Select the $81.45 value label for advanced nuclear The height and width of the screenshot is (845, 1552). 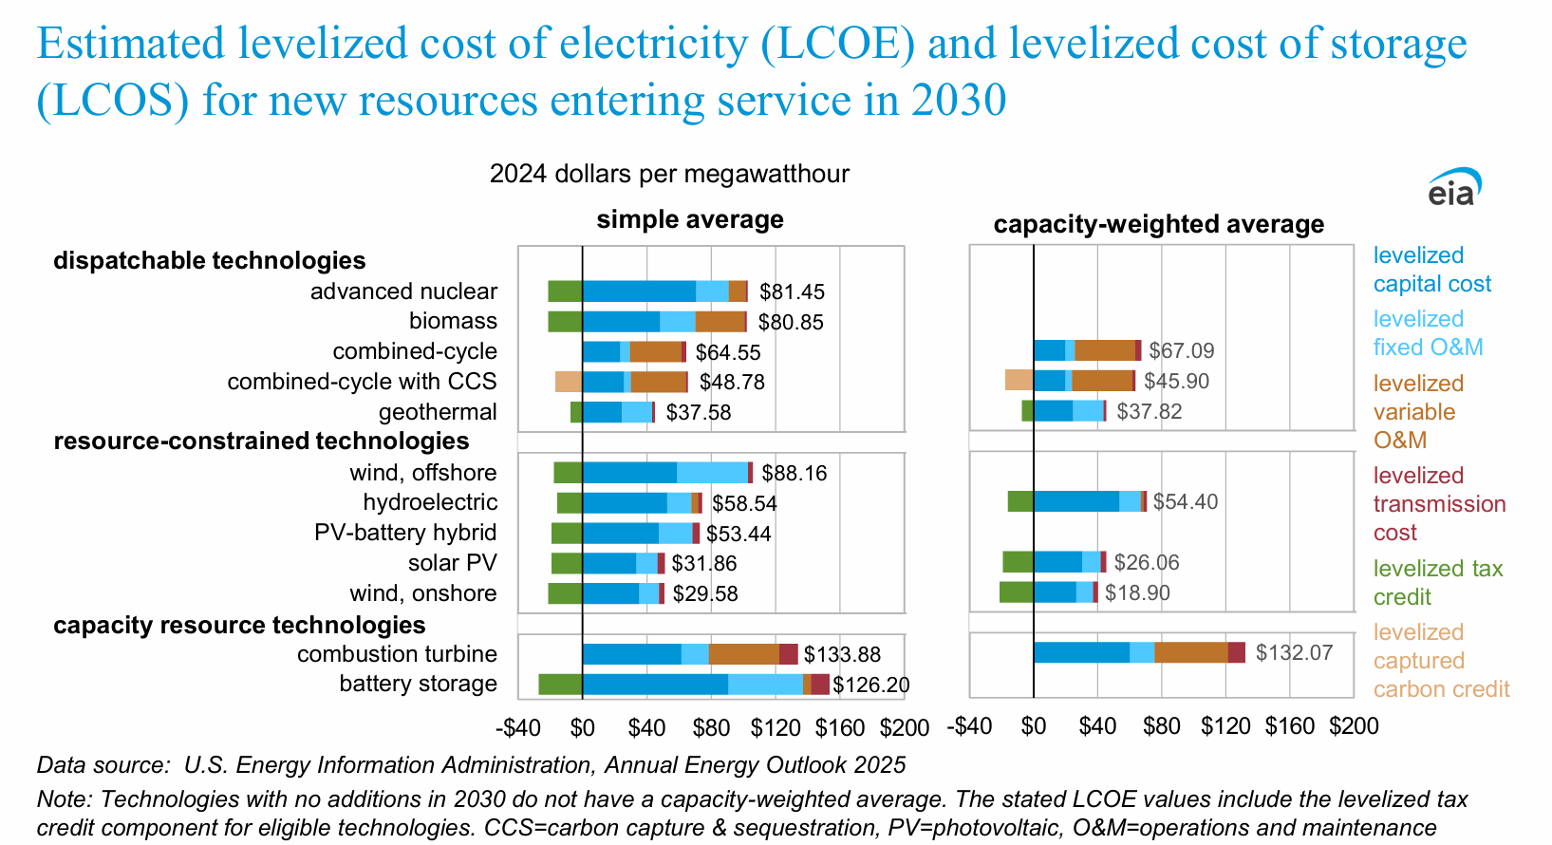point(792,292)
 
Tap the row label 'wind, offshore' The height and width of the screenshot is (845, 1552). point(423,473)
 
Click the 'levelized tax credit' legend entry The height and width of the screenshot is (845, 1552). point(1438,583)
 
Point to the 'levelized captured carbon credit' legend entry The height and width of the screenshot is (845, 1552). point(1441,661)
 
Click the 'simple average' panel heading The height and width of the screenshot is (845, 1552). point(690,220)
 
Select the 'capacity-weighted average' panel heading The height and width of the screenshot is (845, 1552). point(1158,225)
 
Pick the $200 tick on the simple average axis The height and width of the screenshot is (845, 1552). point(904,728)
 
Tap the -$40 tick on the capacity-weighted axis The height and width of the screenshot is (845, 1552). point(969,726)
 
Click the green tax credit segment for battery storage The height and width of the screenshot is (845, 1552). point(560,685)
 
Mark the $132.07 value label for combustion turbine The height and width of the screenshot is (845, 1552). point(1294,653)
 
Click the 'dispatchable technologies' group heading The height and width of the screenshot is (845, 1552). point(209,261)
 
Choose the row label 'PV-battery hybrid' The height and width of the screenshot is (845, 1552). point(405,533)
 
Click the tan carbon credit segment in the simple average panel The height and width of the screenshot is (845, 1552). point(569,382)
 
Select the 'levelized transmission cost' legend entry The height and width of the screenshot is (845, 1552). point(1439,504)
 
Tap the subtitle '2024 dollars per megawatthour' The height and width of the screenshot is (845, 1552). point(669,175)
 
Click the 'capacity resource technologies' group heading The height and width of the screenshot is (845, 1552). point(239,626)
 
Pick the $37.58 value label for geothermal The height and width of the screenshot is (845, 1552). point(698,413)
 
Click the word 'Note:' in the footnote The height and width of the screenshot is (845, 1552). point(65,799)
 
